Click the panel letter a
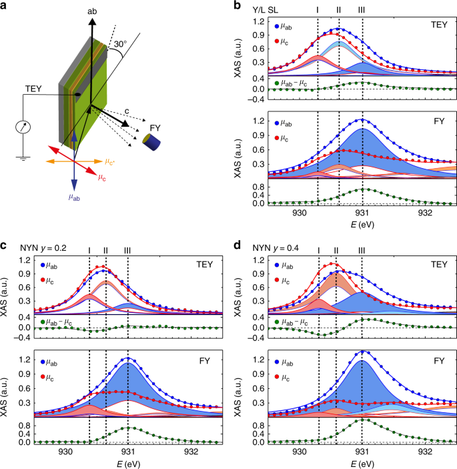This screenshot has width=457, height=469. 5,5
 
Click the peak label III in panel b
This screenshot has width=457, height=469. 362,9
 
